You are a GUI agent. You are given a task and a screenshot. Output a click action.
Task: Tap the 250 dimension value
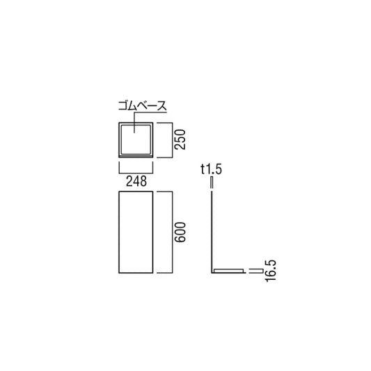180,139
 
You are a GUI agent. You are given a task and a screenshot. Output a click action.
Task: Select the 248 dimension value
136,182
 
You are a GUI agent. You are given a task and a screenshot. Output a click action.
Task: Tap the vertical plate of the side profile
212,230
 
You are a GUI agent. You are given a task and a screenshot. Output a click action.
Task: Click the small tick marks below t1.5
212,182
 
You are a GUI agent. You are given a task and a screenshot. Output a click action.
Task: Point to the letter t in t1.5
201,169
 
